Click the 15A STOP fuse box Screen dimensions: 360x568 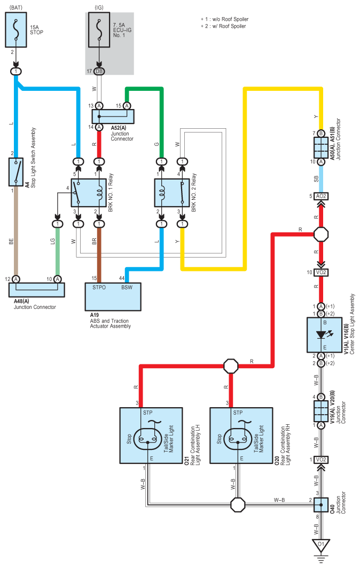(x=16, y=30)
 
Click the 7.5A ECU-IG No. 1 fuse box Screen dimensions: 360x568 (x=99, y=30)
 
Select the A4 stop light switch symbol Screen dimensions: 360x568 (x=16, y=172)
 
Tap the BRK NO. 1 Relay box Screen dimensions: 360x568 (x=89, y=193)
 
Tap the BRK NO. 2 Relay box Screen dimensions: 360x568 (x=171, y=193)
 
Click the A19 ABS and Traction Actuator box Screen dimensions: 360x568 (x=113, y=297)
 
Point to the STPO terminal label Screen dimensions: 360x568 (x=99, y=287)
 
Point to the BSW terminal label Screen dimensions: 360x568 (x=127, y=287)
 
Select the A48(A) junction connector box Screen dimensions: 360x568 (x=36, y=290)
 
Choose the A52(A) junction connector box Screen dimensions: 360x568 (x=113, y=116)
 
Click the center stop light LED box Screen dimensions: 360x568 (x=324, y=335)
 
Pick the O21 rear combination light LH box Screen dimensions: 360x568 (x=151, y=435)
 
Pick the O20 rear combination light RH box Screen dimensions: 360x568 (x=241, y=435)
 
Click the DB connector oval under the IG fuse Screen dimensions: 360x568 (x=99, y=72)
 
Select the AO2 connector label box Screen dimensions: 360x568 (x=321, y=196)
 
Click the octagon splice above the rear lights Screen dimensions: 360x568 (x=231, y=366)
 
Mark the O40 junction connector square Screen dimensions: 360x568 (x=321, y=504)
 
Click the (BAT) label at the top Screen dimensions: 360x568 (x=16, y=7)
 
